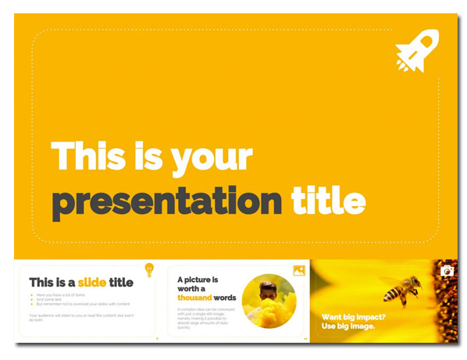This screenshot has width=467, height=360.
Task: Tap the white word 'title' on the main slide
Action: tap(328, 201)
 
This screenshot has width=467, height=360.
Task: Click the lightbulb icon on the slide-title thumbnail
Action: tap(149, 270)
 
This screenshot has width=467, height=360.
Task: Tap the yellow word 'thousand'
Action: tap(194, 298)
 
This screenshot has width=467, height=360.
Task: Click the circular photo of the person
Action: tap(269, 301)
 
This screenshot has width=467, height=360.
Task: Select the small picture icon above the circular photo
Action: tap(298, 270)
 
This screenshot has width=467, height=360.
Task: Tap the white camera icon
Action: tap(447, 271)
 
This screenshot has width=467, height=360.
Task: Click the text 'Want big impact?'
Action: tap(353, 317)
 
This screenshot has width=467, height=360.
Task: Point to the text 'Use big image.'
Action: tap(348, 326)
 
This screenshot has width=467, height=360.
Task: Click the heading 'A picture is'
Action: tap(198, 280)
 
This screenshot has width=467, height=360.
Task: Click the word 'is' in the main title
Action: tap(152, 157)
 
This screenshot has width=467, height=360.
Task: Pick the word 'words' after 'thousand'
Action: tap(225, 298)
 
